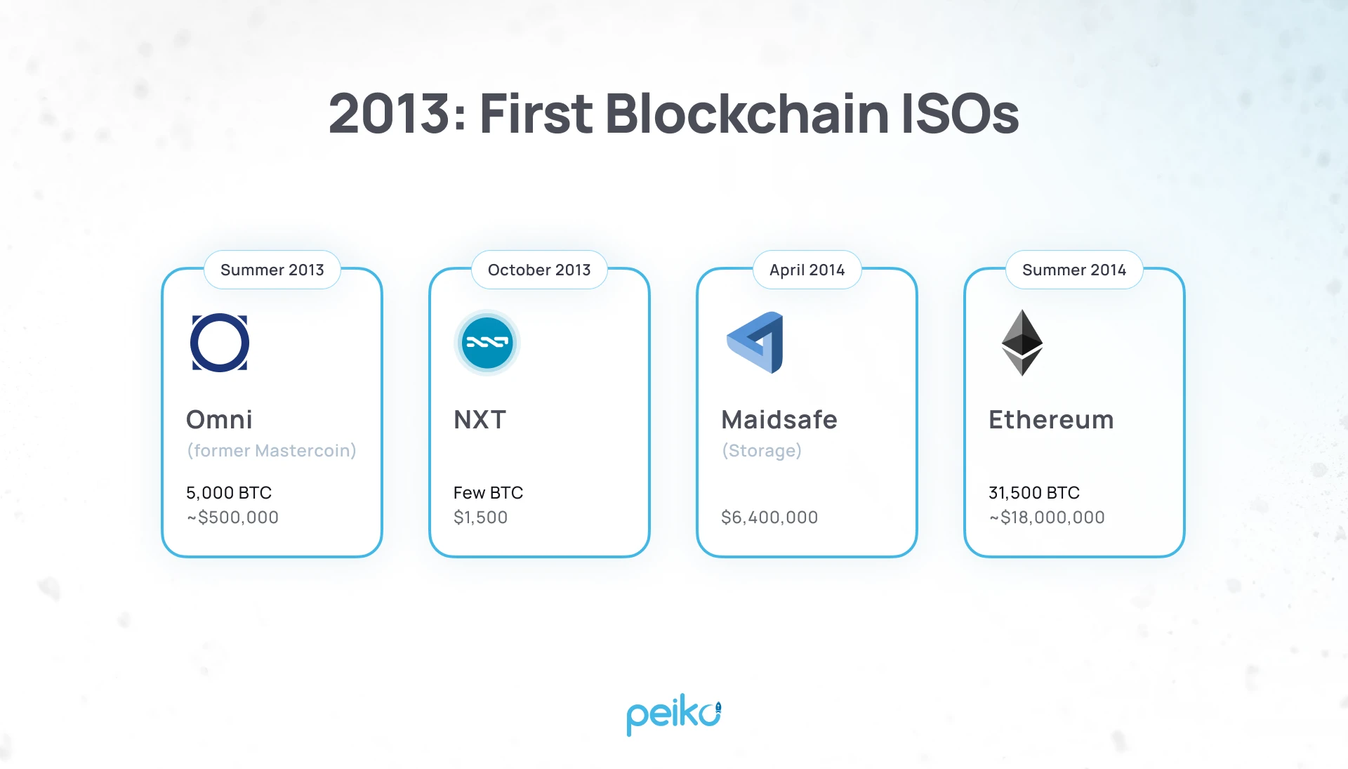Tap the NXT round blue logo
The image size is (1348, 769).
pos(487,343)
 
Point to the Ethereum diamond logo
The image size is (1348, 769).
pos(1022,343)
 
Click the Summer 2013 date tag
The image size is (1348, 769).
pos(272,270)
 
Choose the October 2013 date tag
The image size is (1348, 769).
pos(539,270)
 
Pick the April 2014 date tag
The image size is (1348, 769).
pos(807,270)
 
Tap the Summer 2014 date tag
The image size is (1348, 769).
pos(1074,270)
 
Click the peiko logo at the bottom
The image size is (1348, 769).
pos(673,715)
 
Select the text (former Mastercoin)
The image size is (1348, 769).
pos(272,450)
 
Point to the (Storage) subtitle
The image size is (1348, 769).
pos(762,450)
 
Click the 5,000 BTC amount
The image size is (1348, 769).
pos(229,493)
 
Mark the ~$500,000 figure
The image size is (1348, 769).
pos(232,518)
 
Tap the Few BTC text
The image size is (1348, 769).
pos(488,493)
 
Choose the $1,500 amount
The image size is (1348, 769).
pos(480,518)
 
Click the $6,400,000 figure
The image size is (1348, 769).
pos(769,518)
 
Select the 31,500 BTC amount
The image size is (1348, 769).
pos(1034,493)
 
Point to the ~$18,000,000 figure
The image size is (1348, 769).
pos(1047,518)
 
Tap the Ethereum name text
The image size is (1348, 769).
pos(1051,420)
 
